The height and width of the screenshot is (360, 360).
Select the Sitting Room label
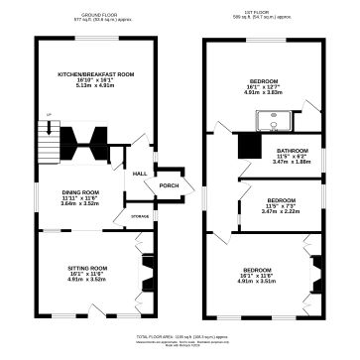89,267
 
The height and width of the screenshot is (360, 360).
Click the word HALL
140,174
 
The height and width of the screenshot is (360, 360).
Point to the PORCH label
169,184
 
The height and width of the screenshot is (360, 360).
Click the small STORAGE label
140,216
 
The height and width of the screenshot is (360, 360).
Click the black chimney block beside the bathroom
247,147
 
